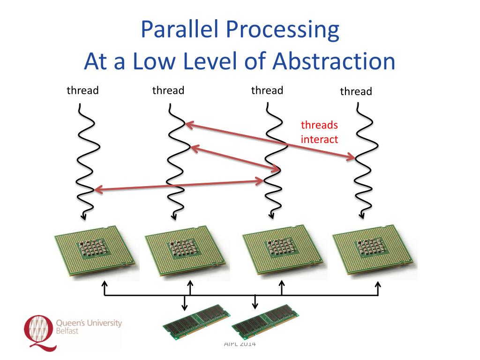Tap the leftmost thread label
pos(82,90)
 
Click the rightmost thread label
pos(356,91)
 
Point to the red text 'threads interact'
pos(319,132)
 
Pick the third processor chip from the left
pos(282,252)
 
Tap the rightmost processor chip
pos(374,252)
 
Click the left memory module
pos(193,322)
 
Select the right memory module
pos(265,322)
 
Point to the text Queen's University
pos(89,323)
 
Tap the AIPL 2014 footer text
pos(240,345)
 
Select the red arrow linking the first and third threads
pos(179,185)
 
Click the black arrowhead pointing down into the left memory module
pos(184,307)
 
